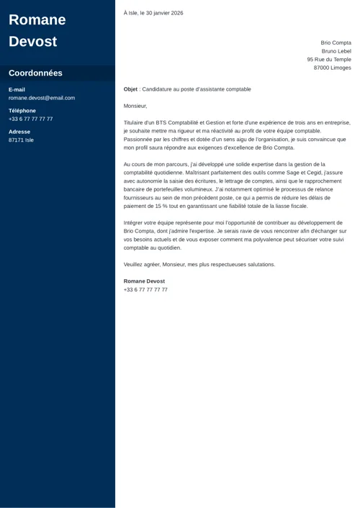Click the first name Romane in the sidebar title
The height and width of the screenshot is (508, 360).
37,19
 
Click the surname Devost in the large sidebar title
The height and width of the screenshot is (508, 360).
32,41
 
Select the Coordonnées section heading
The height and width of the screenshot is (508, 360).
35,73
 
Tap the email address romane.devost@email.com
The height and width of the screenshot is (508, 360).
42,98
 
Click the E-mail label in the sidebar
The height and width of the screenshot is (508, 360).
17,89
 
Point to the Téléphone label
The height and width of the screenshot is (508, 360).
22,111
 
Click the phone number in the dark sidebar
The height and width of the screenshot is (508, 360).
30,119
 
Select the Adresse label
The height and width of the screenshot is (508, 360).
19,132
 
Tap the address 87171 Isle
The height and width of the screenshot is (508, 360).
21,140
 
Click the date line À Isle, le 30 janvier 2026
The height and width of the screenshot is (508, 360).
153,13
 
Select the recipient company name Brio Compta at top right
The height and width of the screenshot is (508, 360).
336,42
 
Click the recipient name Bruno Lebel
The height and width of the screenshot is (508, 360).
336,51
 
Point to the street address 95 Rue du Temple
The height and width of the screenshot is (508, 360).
329,60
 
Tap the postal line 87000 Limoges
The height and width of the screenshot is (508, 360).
332,68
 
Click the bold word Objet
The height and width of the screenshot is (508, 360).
130,89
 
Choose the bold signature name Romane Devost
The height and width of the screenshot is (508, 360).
144,281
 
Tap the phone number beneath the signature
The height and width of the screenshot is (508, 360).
145,289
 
